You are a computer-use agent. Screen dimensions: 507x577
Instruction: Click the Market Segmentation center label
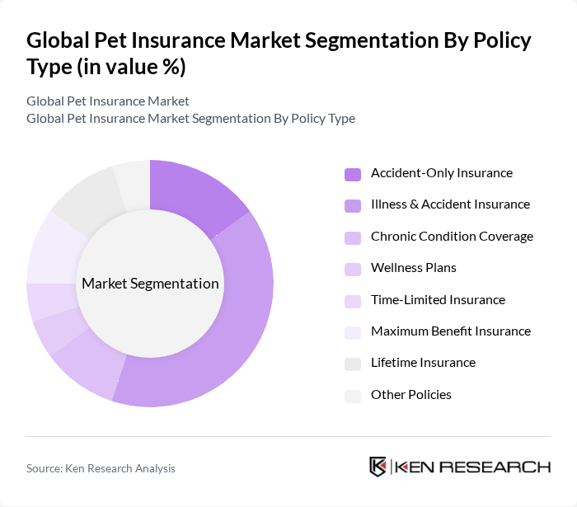pos(150,284)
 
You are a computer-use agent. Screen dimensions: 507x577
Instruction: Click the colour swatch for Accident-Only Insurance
pos(353,174)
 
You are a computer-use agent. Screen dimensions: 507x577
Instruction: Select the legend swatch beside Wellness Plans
pos(353,269)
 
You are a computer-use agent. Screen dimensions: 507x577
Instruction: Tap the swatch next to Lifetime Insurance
pos(353,364)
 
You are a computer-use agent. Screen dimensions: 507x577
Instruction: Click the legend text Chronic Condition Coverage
pos(452,237)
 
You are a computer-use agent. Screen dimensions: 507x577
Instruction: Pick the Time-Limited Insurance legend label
pos(438,300)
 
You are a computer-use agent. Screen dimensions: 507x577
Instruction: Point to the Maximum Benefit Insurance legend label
pos(450,331)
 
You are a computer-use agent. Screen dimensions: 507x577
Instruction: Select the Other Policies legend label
pos(410,395)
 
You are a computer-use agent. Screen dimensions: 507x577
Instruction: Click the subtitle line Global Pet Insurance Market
pos(108,101)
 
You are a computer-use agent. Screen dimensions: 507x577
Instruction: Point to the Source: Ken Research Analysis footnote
pos(101,468)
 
